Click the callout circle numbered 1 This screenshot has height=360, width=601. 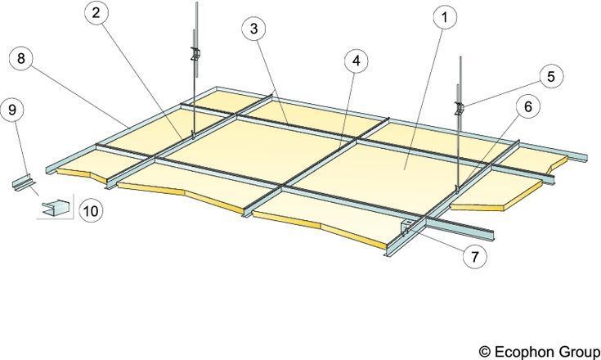[445, 18]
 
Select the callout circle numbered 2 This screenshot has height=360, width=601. [96, 12]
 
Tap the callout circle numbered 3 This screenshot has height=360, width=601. [253, 29]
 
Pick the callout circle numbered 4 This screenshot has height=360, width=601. [357, 61]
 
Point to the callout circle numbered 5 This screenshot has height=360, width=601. [551, 76]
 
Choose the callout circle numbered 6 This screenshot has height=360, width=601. [528, 106]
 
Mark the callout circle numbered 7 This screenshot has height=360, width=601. [475, 256]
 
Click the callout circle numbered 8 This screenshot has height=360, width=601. [20, 58]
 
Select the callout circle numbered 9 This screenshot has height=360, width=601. [12, 110]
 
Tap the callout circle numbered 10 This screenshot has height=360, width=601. [91, 211]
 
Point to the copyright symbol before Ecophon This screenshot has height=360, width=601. [485, 352]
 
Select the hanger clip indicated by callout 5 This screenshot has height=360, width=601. [459, 109]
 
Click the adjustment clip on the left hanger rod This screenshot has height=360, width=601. [195, 54]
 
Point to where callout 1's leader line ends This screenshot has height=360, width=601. [405, 169]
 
